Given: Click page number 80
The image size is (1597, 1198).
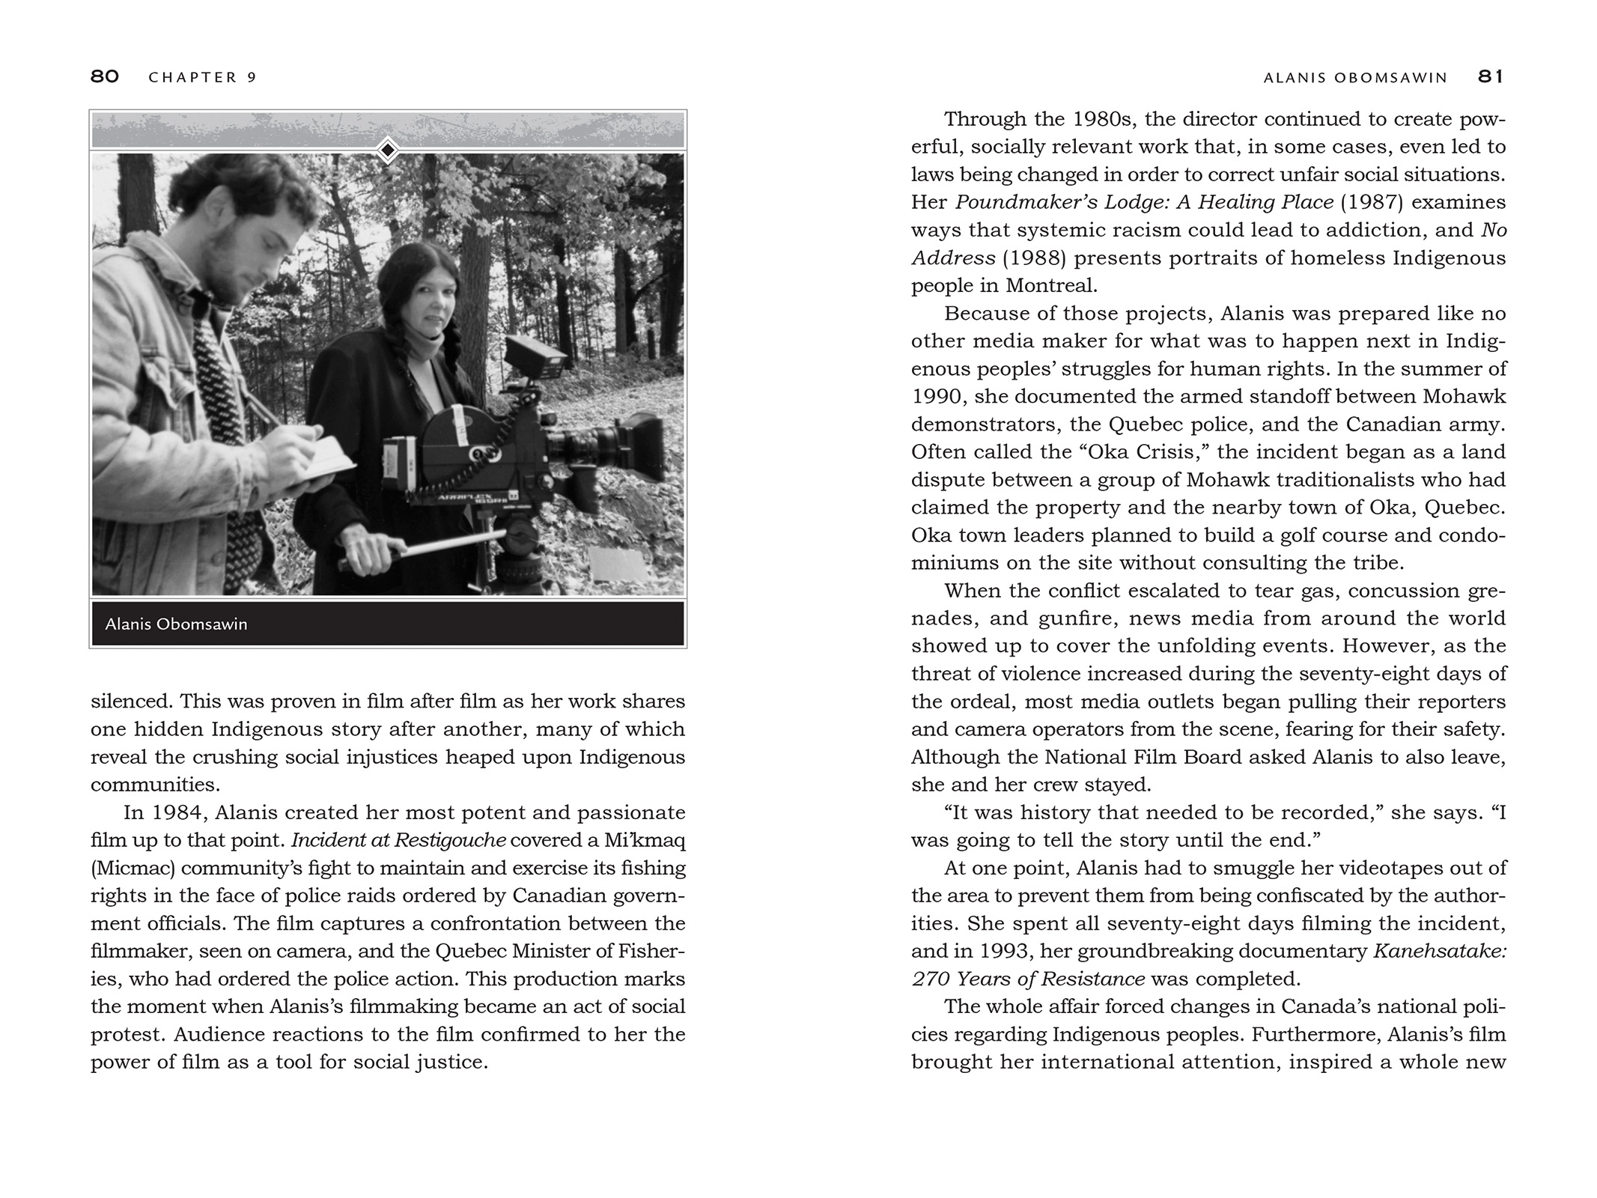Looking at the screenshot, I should (105, 76).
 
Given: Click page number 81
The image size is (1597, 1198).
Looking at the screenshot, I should (1491, 76).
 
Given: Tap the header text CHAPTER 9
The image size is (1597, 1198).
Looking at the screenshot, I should (203, 77).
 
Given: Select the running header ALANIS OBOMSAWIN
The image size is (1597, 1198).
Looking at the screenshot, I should (1355, 77).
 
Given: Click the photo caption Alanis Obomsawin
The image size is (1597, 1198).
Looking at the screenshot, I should (176, 624).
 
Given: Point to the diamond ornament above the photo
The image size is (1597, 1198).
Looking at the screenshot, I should (387, 150).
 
